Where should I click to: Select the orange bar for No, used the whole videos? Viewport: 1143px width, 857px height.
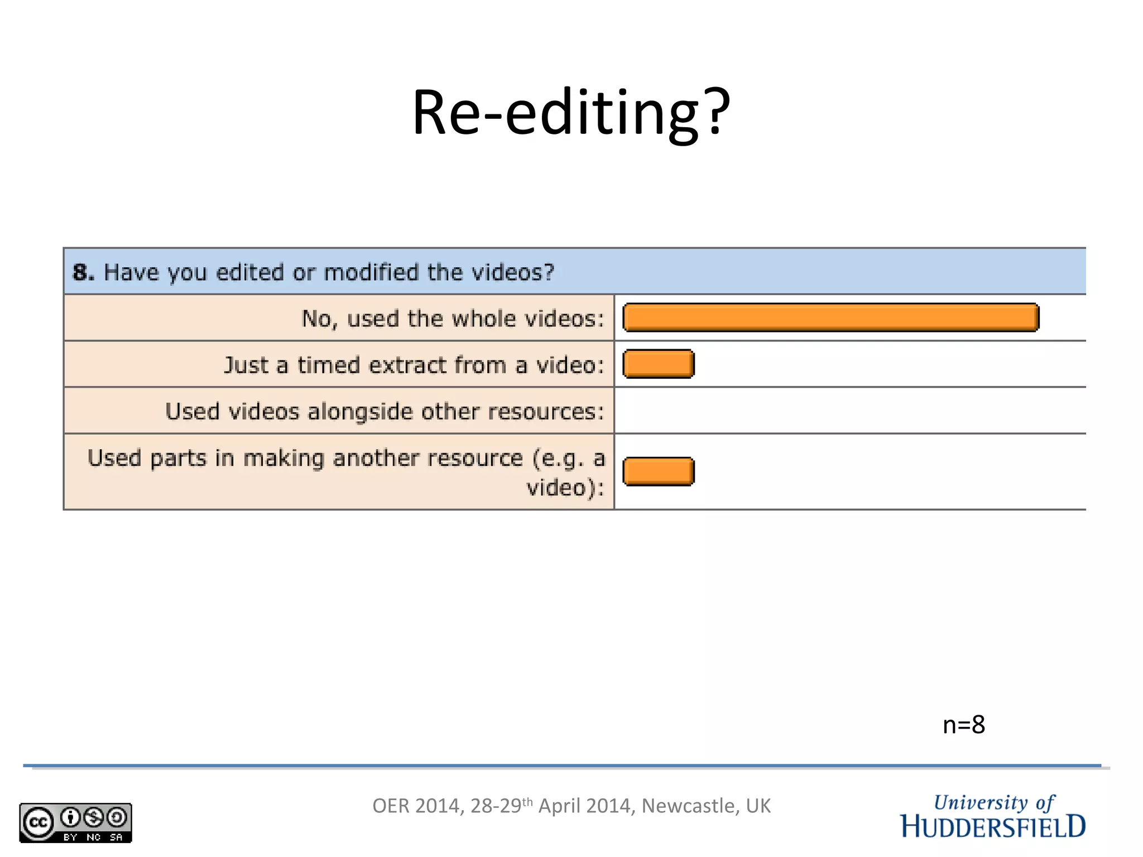tap(830, 317)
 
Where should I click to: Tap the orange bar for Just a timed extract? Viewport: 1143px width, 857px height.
tap(659, 364)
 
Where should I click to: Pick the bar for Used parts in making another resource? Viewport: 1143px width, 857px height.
tap(659, 471)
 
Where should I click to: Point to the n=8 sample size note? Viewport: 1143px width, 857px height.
tap(963, 725)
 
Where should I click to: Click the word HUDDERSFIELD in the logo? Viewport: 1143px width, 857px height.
tap(993, 827)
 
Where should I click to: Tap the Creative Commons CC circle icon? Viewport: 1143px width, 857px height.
tap(38, 822)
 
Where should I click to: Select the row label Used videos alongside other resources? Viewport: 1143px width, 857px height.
tap(385, 411)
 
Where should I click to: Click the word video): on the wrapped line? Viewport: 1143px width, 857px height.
tap(565, 488)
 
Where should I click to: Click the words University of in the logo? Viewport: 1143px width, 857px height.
tap(994, 802)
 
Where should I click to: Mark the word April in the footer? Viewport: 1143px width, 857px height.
tap(559, 806)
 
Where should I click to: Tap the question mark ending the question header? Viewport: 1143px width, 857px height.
tap(548, 272)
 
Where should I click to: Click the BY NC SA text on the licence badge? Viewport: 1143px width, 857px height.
tap(93, 837)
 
